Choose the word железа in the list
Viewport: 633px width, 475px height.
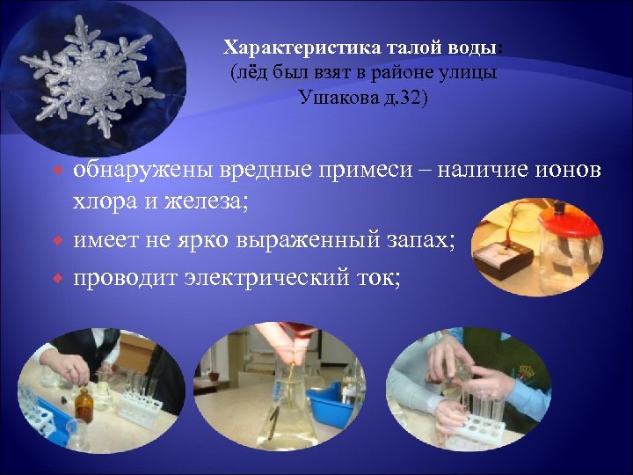(x=212, y=202)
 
